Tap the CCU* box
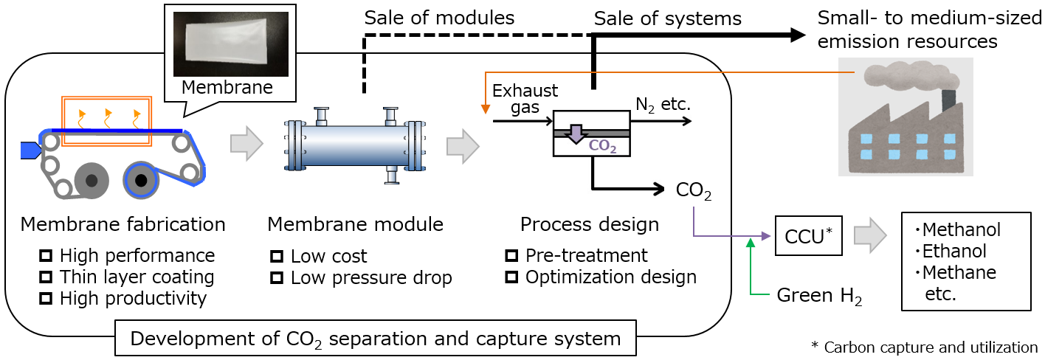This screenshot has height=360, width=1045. click(808, 235)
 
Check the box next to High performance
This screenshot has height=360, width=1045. click(46, 256)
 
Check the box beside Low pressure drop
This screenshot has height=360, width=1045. click(277, 278)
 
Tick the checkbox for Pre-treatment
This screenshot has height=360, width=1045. click(511, 256)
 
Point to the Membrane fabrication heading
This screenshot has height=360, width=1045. click(123, 224)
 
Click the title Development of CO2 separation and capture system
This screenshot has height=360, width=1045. click(376, 339)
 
